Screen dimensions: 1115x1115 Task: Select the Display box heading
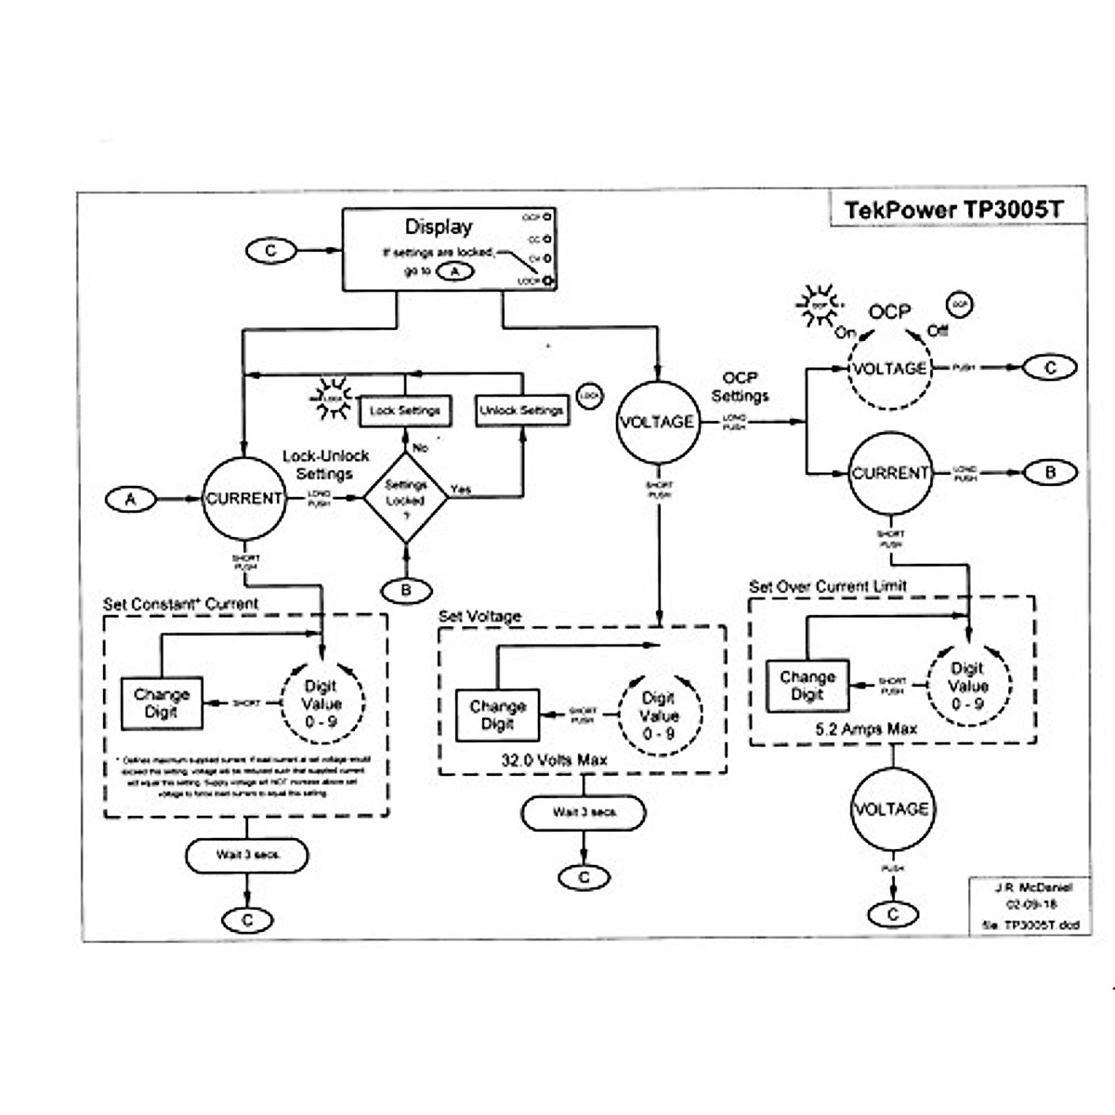click(x=439, y=227)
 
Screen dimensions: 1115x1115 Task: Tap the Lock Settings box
click(x=404, y=410)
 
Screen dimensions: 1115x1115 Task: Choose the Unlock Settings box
click(x=521, y=410)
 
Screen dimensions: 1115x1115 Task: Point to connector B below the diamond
click(x=406, y=590)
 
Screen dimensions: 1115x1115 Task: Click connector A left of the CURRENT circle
click(x=131, y=500)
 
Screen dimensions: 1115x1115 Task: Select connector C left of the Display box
click(x=270, y=251)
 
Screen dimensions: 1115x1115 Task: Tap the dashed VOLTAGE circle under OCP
click(x=889, y=369)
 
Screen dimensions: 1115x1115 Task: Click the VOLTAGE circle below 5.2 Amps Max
click(x=890, y=809)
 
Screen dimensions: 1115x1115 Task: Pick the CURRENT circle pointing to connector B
click(x=890, y=473)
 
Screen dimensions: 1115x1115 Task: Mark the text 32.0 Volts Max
click(x=555, y=760)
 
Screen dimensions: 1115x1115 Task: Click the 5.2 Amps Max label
click(x=865, y=730)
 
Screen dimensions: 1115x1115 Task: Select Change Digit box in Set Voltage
click(x=498, y=715)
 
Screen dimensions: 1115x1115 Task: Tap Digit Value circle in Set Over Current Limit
click(x=967, y=686)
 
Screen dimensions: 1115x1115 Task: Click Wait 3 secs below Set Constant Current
click(x=247, y=855)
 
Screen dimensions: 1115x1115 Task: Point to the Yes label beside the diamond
click(x=461, y=489)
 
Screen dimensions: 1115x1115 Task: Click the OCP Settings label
click(x=740, y=387)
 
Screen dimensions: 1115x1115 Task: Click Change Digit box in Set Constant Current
click(x=162, y=703)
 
